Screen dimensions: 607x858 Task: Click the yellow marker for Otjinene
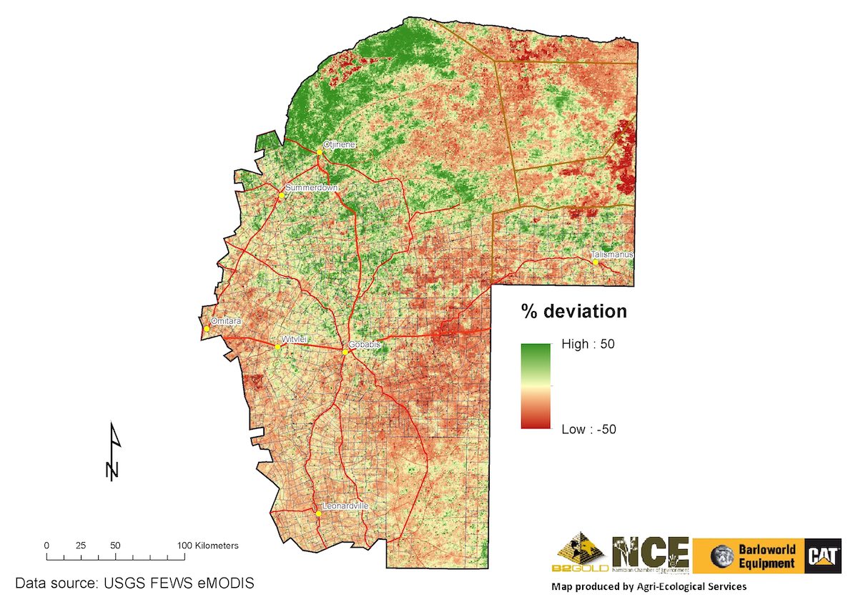pyautogui.click(x=320, y=152)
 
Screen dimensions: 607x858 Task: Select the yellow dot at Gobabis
pyautogui.click(x=345, y=352)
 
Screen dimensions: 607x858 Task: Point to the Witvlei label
pyautogui.click(x=295, y=340)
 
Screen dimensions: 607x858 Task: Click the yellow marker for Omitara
pyautogui.click(x=206, y=329)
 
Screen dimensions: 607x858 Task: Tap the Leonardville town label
pyautogui.click(x=345, y=505)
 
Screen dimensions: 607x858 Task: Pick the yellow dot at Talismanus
pyautogui.click(x=595, y=262)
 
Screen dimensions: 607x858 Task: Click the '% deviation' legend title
pyautogui.click(x=573, y=312)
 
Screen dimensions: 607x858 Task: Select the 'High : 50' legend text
pyautogui.click(x=588, y=344)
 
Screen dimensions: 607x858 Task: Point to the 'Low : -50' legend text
pyautogui.click(x=588, y=429)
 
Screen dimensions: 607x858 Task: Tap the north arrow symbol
pyautogui.click(x=113, y=450)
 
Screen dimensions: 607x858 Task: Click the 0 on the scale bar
pyautogui.click(x=46, y=545)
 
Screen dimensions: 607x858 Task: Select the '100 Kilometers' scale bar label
pyautogui.click(x=208, y=545)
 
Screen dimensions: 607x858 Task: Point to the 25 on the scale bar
pyautogui.click(x=81, y=545)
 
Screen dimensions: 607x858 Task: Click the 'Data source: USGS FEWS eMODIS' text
pyautogui.click(x=134, y=583)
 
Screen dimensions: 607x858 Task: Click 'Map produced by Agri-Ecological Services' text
pyautogui.click(x=649, y=586)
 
